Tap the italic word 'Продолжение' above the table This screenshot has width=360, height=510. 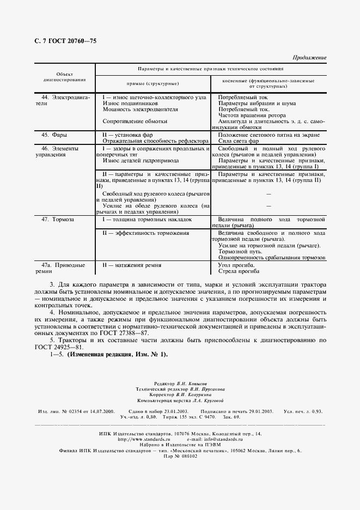309,57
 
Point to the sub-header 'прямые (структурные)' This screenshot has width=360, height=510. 152,83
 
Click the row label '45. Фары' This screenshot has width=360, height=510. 53,133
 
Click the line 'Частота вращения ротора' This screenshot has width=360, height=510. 251,115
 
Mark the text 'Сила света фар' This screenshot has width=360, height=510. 239,140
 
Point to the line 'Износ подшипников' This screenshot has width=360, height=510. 130,103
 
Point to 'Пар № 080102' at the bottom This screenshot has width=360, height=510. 179,456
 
